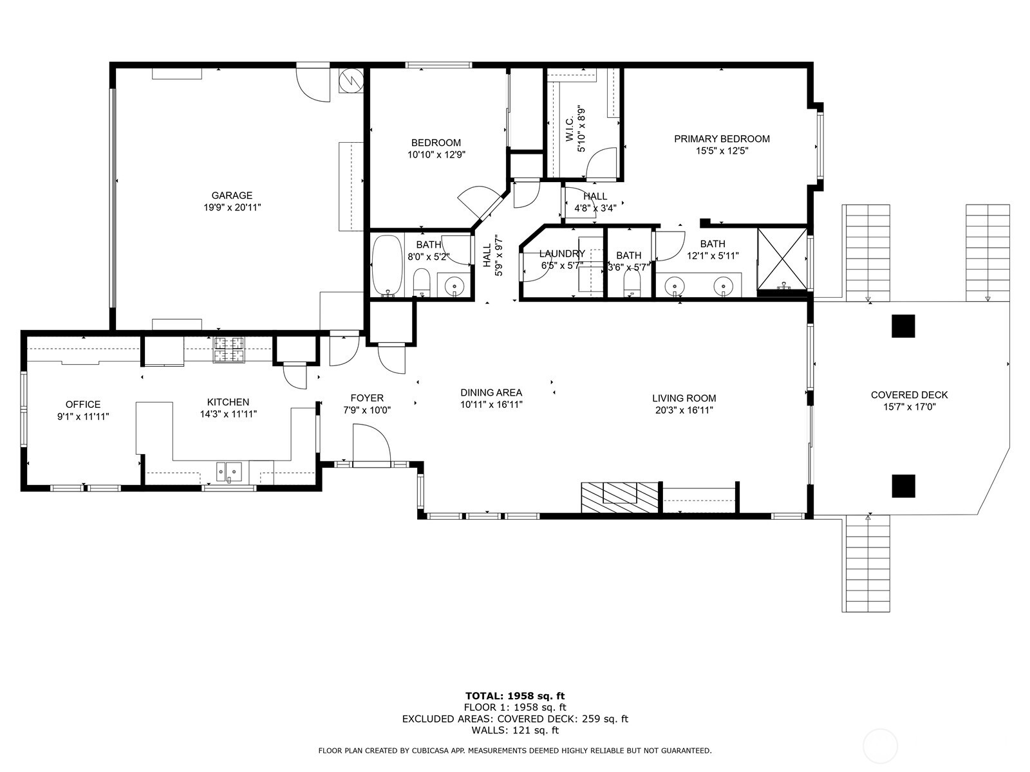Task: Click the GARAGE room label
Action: [232, 196]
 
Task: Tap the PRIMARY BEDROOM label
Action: [722, 139]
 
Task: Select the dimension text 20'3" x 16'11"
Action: [683, 410]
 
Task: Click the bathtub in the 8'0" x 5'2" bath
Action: [387, 265]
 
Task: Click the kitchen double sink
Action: [229, 472]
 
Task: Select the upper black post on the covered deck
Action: [903, 326]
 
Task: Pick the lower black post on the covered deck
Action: [903, 486]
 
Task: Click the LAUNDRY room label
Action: [562, 254]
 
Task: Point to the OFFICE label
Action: [83, 405]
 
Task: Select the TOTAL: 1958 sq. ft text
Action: [514, 695]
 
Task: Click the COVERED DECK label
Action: [909, 395]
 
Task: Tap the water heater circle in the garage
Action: [351, 80]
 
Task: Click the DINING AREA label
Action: [491, 392]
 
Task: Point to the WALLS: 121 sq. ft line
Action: [514, 730]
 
